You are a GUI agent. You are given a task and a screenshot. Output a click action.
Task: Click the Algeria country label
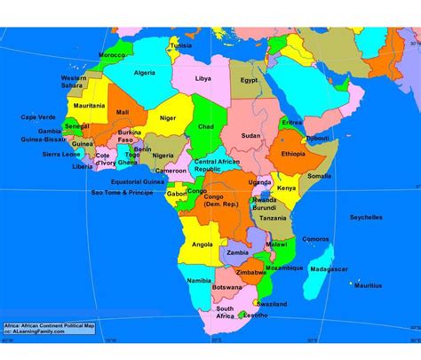(x=144, y=73)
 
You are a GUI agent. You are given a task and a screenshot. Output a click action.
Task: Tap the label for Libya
(x=203, y=78)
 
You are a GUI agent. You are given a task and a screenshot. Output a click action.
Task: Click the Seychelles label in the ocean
(x=366, y=216)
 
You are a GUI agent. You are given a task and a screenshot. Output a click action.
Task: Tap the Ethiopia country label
(x=292, y=153)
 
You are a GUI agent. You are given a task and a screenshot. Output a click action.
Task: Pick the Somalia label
(x=320, y=176)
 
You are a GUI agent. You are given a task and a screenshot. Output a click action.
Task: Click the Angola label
(x=203, y=244)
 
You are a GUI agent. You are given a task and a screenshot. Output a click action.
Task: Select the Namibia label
(x=199, y=281)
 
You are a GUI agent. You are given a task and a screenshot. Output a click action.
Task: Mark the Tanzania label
(x=274, y=218)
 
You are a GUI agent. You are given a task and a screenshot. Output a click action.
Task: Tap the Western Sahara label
(x=74, y=81)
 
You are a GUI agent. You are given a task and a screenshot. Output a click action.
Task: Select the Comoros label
(x=314, y=239)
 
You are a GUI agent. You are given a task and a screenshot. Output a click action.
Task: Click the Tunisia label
(x=181, y=45)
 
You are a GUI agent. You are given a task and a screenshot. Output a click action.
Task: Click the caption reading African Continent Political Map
(x=53, y=325)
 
